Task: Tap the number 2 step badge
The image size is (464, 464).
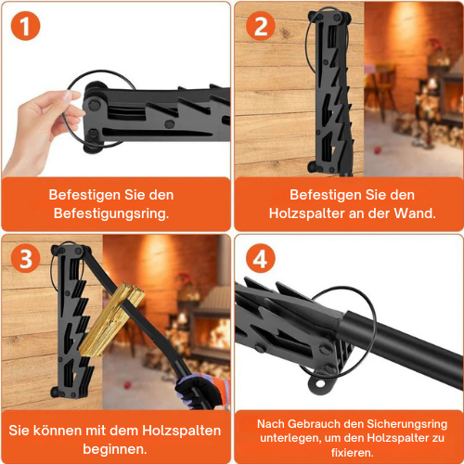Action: click(x=261, y=27)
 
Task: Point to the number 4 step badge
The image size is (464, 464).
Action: click(x=260, y=259)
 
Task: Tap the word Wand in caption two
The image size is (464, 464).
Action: click(x=414, y=213)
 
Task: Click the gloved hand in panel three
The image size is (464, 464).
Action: click(x=200, y=390)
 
